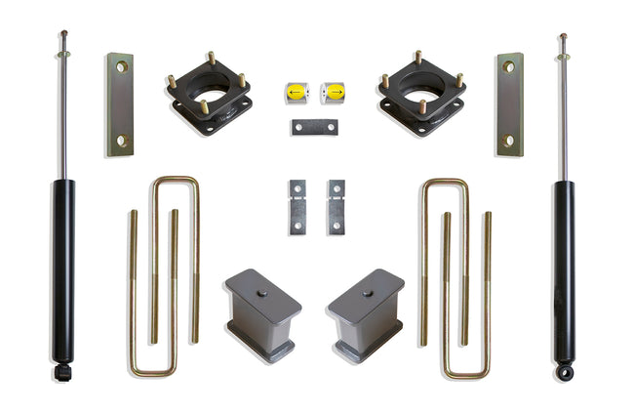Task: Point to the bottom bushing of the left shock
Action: click(x=63, y=371)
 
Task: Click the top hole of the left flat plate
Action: click(x=121, y=67)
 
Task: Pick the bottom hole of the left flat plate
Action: click(x=120, y=141)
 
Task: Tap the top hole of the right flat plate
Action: click(x=508, y=67)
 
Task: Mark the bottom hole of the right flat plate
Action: click(x=508, y=141)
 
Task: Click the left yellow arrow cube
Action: click(x=296, y=93)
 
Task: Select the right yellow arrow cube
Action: click(x=334, y=93)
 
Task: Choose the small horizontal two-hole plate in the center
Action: click(x=314, y=127)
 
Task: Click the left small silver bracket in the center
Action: click(x=297, y=206)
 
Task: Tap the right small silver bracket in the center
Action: click(x=336, y=206)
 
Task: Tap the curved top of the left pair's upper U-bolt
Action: click(x=176, y=180)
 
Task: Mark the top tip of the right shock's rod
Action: click(x=563, y=37)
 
